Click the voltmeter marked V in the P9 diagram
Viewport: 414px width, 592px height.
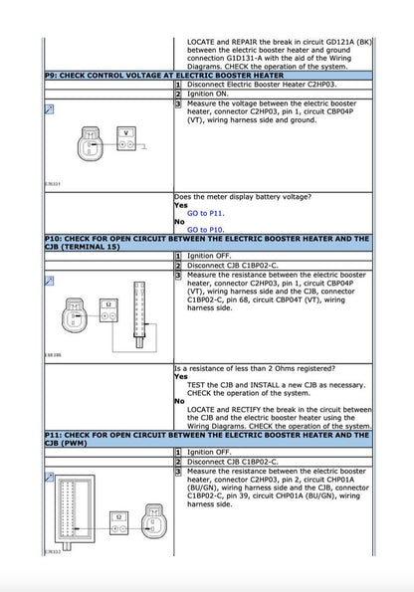tap(125, 138)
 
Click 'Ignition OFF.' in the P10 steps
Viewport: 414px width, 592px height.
tap(209, 256)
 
